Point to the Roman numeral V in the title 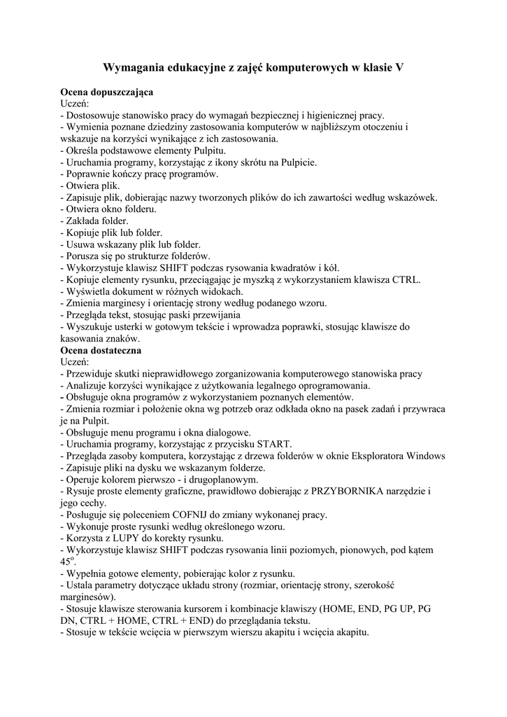399,68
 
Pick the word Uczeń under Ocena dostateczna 75,361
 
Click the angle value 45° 67,562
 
